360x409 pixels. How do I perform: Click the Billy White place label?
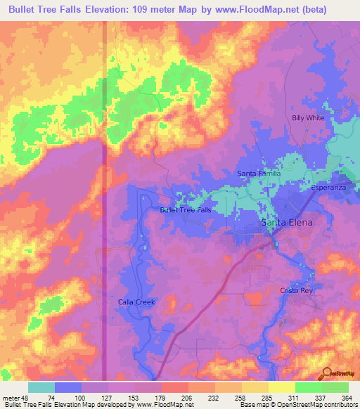pos(308,118)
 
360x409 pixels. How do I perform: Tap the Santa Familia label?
pos(259,174)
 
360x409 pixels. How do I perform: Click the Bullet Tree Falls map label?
pos(186,210)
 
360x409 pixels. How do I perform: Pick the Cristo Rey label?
pos(295,291)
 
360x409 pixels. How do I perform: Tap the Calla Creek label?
pos(136,302)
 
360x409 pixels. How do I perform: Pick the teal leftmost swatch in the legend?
pos(41,387)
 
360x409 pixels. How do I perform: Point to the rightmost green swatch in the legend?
pos(335,387)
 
